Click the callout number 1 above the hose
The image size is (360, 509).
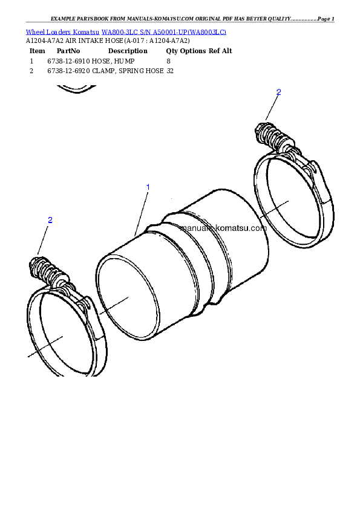[148, 187]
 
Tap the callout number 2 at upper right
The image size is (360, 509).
[278, 92]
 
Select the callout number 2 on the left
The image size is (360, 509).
[50, 220]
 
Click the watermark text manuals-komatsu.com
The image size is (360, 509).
[223, 229]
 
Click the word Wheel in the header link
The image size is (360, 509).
[34, 31]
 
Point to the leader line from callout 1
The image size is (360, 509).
[141, 211]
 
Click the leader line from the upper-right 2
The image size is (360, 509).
[272, 108]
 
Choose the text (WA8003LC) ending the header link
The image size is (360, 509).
[207, 31]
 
